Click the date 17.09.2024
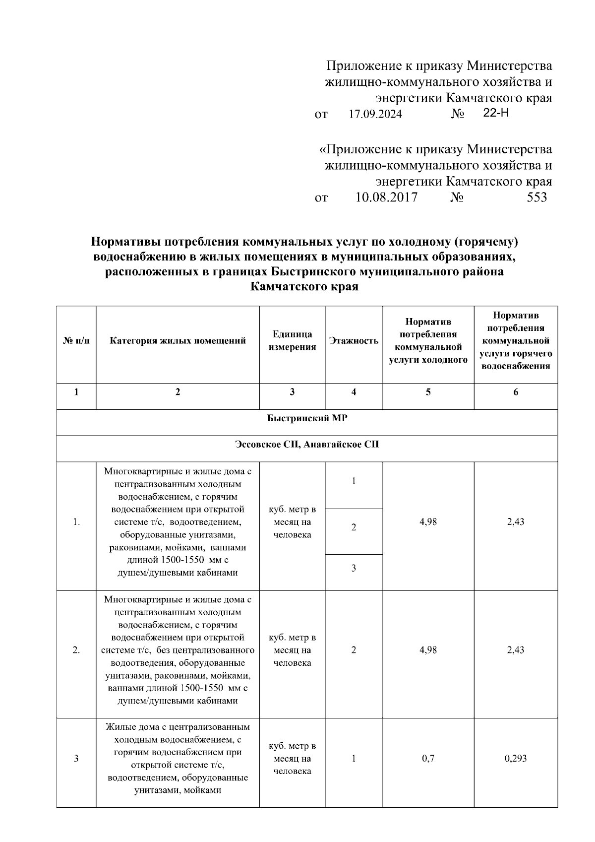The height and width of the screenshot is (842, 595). coord(375,115)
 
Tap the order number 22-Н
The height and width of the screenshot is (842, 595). coord(496,113)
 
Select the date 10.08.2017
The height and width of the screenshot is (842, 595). coord(386,197)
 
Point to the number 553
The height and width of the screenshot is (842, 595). coord(536,197)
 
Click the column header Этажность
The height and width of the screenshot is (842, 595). coord(354,341)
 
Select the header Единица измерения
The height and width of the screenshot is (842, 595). coord(292,341)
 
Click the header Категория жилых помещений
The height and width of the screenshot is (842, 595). coord(178,341)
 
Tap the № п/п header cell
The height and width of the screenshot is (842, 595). coord(76,341)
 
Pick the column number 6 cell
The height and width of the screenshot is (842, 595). coord(516,392)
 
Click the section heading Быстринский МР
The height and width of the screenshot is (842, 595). coord(307,418)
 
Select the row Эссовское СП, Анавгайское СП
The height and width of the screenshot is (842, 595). coord(307,445)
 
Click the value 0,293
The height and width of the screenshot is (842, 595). coord(516,759)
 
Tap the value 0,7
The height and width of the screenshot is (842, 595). coord(428,759)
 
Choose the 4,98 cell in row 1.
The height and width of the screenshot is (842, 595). coord(428,522)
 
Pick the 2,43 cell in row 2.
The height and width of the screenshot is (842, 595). coord(516,650)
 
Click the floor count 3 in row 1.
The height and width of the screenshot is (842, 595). coord(354,569)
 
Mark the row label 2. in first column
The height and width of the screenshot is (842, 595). coord(76,650)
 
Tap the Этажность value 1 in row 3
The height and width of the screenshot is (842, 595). coord(354,759)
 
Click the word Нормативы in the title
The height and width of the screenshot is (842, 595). coord(125,242)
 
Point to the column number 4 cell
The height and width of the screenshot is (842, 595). coord(354,392)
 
